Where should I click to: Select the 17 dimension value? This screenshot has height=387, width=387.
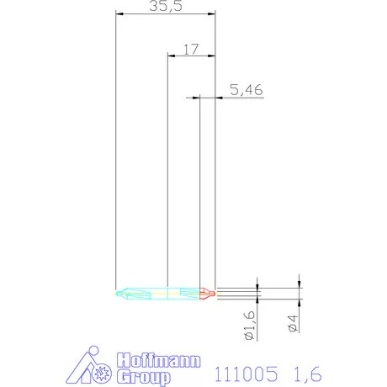(x=190, y=49)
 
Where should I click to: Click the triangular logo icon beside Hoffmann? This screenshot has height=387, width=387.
(x=89, y=367)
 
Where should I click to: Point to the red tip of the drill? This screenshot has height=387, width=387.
(x=210, y=294)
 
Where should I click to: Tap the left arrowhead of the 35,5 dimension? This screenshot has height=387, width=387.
(x=119, y=13)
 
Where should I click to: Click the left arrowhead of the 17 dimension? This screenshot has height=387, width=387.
(x=171, y=56)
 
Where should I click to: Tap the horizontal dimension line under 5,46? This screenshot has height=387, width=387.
(x=240, y=98)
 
